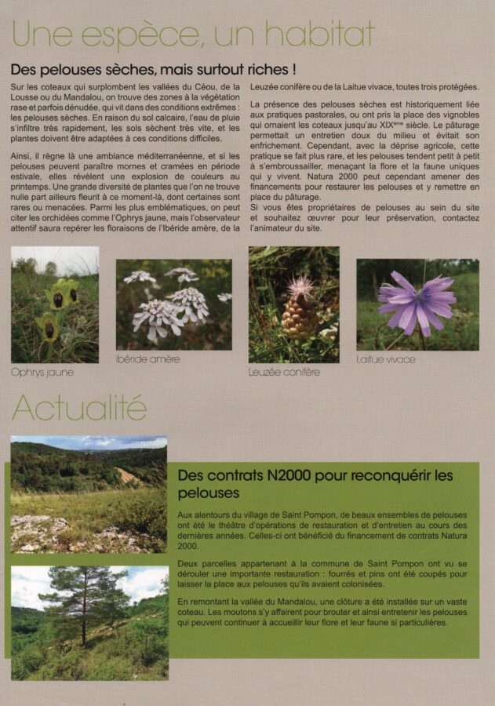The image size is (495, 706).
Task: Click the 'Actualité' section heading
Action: [79, 408]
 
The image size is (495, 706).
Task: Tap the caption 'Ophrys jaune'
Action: [42, 372]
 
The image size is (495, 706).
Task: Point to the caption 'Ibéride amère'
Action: [148, 359]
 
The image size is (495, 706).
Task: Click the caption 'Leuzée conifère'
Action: [284, 372]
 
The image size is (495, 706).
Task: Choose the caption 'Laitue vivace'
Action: [385, 359]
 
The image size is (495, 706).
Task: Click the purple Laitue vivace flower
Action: [415, 301]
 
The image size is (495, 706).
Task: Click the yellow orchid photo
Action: [55, 304]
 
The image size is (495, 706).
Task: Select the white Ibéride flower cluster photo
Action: [173, 304]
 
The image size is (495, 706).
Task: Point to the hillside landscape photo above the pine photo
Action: [89, 494]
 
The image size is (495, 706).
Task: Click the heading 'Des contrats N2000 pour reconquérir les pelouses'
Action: [315, 484]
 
